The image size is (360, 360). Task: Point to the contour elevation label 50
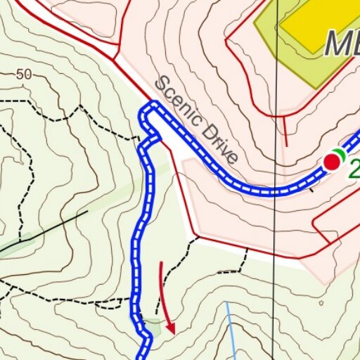pyautogui.click(x=23, y=74)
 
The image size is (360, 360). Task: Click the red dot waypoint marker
pyautogui.click(x=332, y=162)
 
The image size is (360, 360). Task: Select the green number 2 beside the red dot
pyautogui.click(x=354, y=168)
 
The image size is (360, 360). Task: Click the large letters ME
pyautogui.click(x=342, y=45)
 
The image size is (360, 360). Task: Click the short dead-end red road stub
pyautogui.click(x=285, y=130)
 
